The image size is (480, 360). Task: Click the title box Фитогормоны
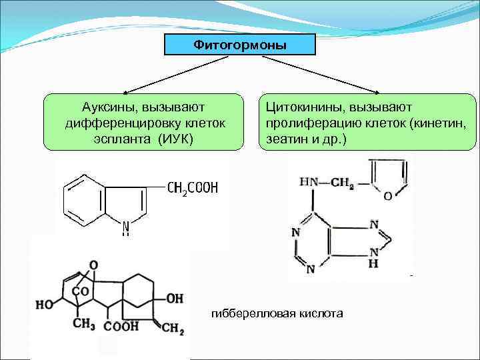240,45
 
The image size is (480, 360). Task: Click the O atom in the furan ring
389,196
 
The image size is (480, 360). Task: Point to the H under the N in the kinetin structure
374,264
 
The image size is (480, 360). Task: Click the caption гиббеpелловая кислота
276,313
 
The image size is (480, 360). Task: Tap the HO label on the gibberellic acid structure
45,305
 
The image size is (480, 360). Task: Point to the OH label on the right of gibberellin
175,299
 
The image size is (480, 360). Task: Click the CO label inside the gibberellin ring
80,291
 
